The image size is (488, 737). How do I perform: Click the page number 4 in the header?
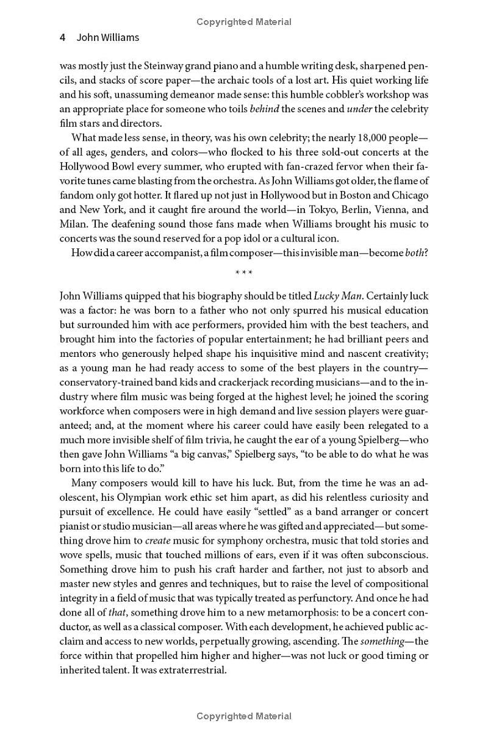tap(62, 37)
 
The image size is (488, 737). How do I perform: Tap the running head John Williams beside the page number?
tap(108, 37)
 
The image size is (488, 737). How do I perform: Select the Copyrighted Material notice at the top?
tap(244, 22)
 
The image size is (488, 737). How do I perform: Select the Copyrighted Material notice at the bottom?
tap(244, 716)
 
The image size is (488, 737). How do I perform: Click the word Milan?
tap(73, 224)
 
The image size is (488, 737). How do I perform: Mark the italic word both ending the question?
tap(417, 253)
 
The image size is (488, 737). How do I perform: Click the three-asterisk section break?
tap(244, 273)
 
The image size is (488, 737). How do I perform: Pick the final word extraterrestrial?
tap(188, 670)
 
